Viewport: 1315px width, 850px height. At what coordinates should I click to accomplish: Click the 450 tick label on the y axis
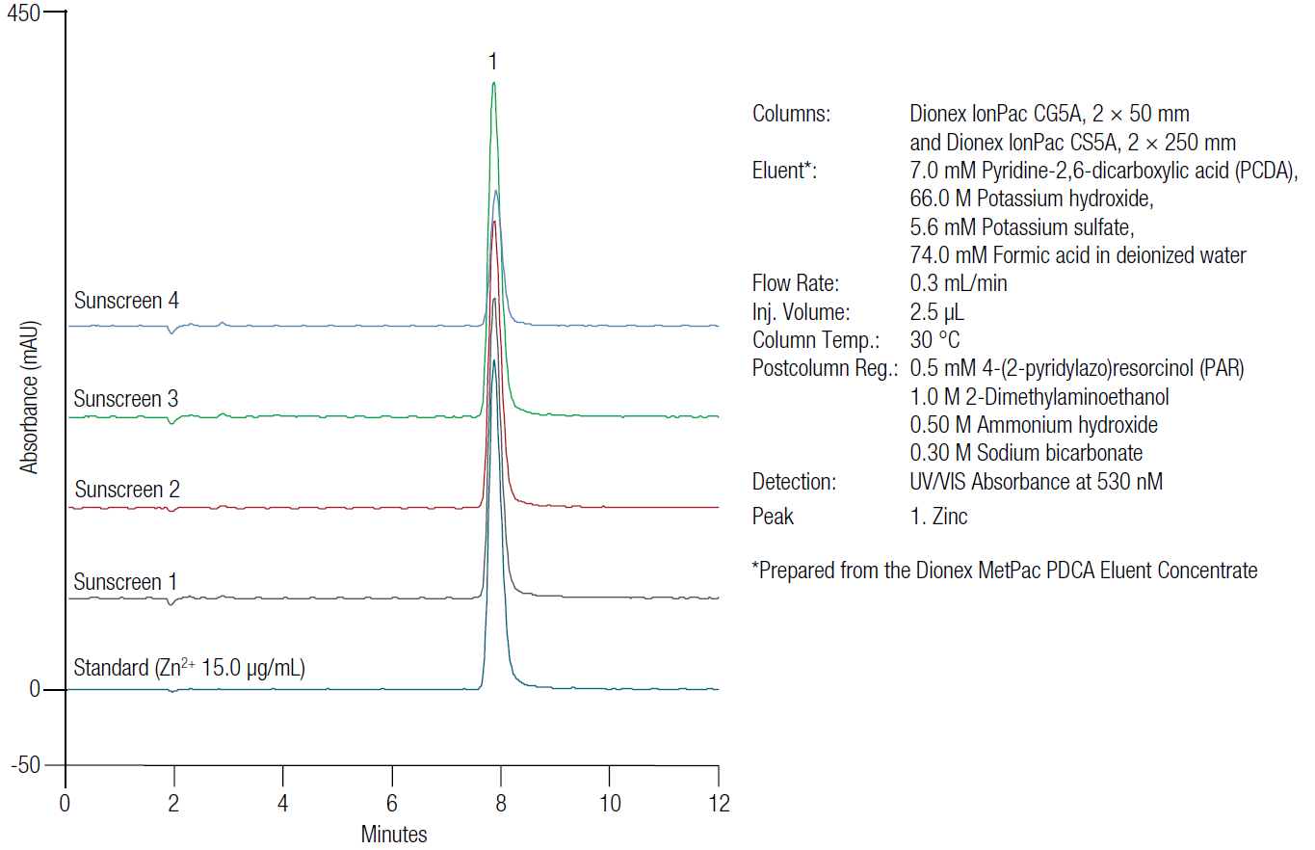pos(23,13)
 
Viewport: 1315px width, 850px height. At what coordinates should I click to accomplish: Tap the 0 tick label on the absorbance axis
pos(33,690)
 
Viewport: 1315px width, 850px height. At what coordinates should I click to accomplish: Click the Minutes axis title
pos(393,835)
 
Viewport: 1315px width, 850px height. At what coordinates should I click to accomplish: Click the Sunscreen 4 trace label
pos(126,301)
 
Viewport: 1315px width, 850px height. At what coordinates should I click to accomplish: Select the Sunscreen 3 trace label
pos(126,399)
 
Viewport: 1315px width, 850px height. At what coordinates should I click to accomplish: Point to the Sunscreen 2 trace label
pos(126,490)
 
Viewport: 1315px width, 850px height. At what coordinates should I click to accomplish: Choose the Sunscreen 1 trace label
pos(126,582)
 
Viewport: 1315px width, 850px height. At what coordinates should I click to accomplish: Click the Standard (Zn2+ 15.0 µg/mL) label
pos(190,667)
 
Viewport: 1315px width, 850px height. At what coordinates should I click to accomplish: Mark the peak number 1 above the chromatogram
pos(492,63)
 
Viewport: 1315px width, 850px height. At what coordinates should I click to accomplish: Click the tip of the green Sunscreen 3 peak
pos(493,83)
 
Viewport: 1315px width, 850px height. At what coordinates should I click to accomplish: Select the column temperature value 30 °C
pos(934,340)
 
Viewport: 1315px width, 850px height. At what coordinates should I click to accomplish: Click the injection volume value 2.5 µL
pos(936,312)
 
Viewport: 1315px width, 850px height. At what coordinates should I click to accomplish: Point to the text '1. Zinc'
pos(938,516)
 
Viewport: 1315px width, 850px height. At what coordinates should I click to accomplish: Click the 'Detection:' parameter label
pos(793,482)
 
